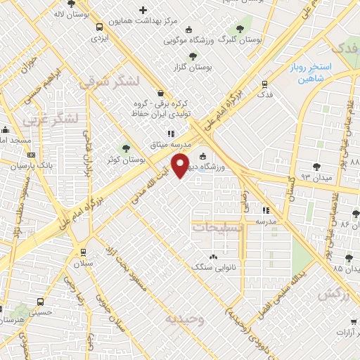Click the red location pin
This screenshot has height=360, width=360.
pyautogui.click(x=181, y=165)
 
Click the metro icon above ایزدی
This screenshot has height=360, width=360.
pyautogui.click(x=99, y=27)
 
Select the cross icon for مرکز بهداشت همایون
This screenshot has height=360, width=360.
pyautogui.click(x=143, y=11)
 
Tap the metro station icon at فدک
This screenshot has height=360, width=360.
pyautogui.click(x=264, y=82)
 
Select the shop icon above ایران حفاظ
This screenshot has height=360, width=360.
pyautogui.click(x=161, y=92)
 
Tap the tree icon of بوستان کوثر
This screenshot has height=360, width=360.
pyautogui.click(x=126, y=148)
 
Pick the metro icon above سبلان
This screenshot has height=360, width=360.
pyautogui.click(x=83, y=252)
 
